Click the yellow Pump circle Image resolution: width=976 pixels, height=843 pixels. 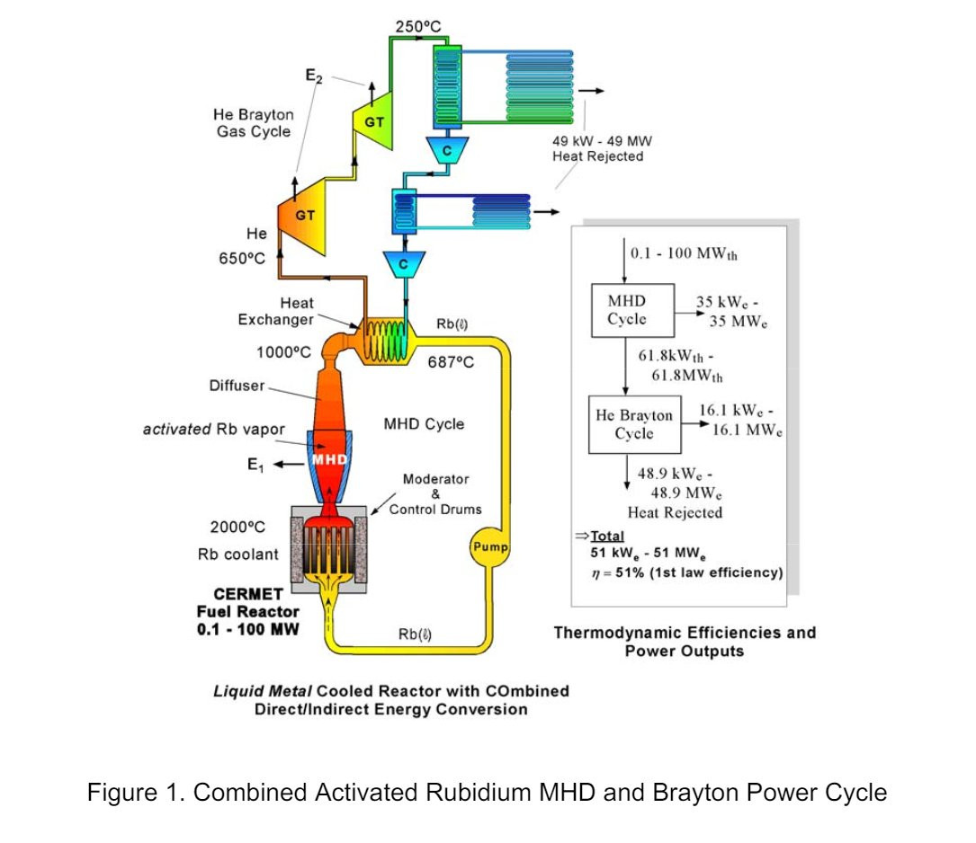[489, 547]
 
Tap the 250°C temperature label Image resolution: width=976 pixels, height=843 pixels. [418, 27]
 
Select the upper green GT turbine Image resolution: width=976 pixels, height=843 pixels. [372, 120]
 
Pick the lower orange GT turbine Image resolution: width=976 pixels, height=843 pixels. [302, 216]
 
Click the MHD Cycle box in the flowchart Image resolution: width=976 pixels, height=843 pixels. [632, 310]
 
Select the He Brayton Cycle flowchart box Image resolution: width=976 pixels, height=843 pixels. [634, 424]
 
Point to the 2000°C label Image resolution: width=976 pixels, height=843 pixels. [237, 528]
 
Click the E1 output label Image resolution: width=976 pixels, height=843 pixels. [255, 465]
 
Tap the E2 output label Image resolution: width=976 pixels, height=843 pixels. [314, 75]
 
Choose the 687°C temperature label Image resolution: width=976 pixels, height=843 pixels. [451, 362]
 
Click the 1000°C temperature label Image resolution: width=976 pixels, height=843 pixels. [283, 352]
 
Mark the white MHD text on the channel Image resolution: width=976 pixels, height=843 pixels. [329, 459]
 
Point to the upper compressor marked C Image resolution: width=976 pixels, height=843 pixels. [447, 150]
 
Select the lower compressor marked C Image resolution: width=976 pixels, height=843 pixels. [403, 264]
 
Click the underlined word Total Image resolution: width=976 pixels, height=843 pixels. [607, 536]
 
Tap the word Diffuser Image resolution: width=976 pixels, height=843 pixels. [237, 386]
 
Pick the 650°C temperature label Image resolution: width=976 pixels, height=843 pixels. [241, 259]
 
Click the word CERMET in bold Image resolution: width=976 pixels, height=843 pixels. [247, 594]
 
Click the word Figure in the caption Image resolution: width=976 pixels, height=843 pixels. [122, 794]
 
